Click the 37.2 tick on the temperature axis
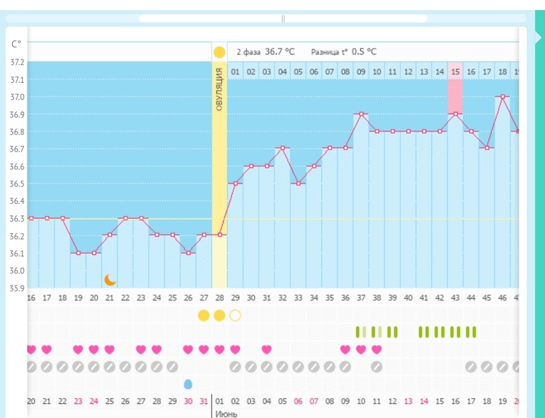tap(16, 62)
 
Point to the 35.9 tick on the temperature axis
tap(16, 288)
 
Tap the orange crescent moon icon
tap(110, 280)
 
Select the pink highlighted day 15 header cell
tap(455, 72)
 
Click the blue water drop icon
tap(188, 384)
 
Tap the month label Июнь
tap(226, 414)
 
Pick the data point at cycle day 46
tap(502, 97)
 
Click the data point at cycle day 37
tap(361, 114)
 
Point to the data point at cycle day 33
tap(298, 183)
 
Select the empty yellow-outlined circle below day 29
tap(235, 315)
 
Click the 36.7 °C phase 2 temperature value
tap(280, 52)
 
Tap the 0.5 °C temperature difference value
tap(364, 52)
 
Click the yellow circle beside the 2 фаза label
tap(219, 52)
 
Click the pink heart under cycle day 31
tap(267, 349)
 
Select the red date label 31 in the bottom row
tap(204, 402)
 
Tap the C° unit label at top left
tap(16, 44)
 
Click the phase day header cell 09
tap(361, 72)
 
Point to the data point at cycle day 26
tap(188, 253)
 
